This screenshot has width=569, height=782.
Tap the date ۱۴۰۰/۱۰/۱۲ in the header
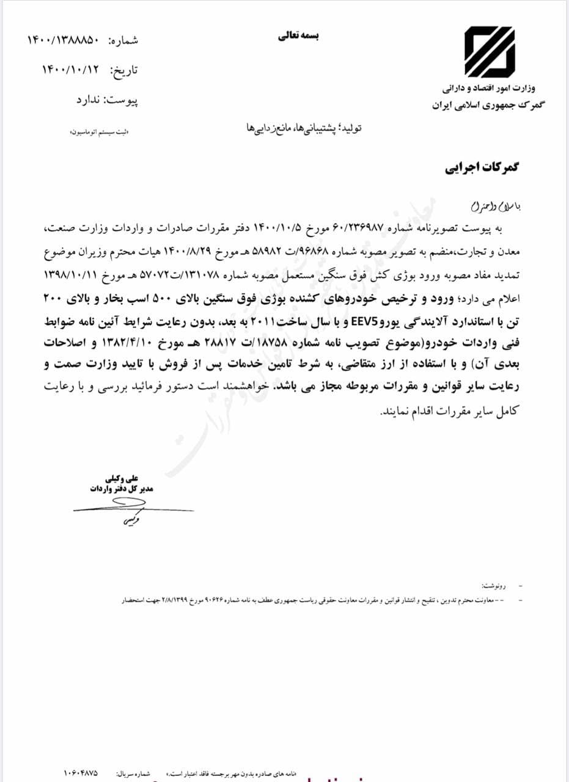click(x=70, y=70)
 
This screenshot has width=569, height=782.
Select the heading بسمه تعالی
click(x=299, y=36)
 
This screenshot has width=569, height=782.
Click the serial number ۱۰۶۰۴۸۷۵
click(x=80, y=773)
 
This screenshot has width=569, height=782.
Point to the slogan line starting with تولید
click(x=301, y=129)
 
